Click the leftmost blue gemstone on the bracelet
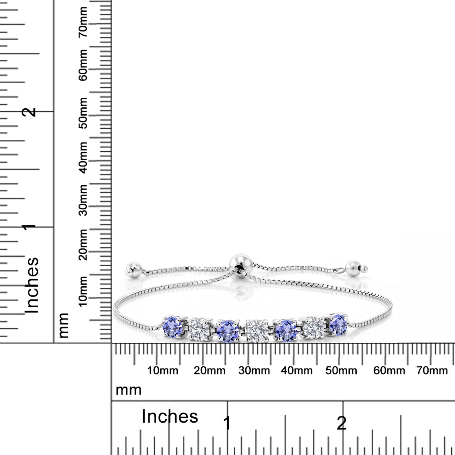(173, 326)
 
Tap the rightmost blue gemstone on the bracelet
(338, 325)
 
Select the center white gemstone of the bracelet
(257, 330)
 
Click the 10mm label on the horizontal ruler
(163, 371)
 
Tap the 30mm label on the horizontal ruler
(254, 371)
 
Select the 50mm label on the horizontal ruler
(341, 371)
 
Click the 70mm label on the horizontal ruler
(432, 371)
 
